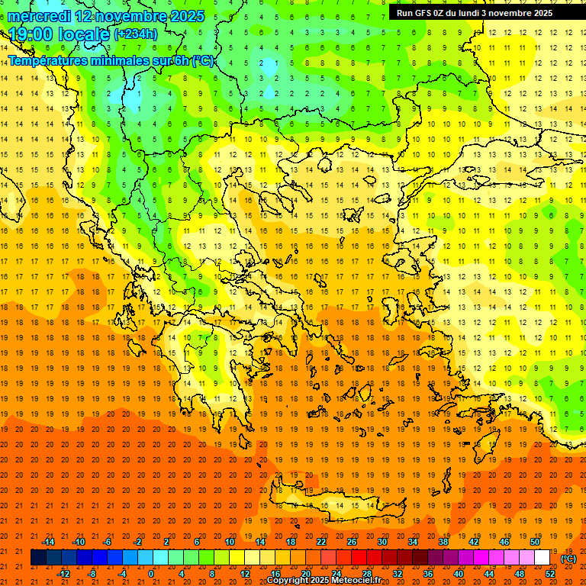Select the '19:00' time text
[x=30, y=34]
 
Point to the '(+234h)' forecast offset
[x=136, y=34]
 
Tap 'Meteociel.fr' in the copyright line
[x=353, y=581]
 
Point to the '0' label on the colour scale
[x=150, y=574]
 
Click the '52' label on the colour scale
[x=549, y=574]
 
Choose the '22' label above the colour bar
[x=321, y=542]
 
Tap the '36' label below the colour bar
[x=428, y=574]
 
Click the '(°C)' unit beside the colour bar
[x=568, y=558]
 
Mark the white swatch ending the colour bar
[x=542, y=558]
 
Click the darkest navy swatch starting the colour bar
[x=38, y=558]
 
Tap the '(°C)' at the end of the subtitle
[x=203, y=60]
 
